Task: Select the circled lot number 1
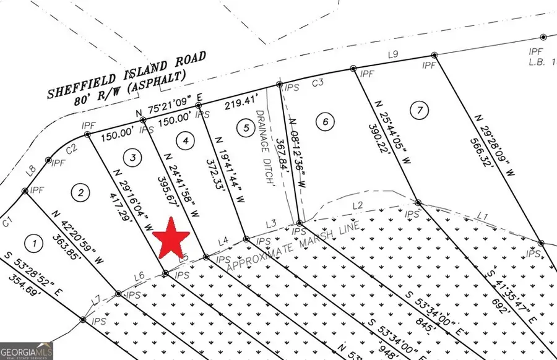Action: [x=35, y=243]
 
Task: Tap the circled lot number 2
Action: [x=80, y=192]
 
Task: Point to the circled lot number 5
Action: [x=246, y=127]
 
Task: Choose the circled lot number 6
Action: [x=325, y=121]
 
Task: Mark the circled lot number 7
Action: [x=420, y=111]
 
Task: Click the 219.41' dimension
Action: [x=240, y=103]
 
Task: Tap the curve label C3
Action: [x=318, y=82]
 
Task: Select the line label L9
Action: [x=392, y=54]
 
